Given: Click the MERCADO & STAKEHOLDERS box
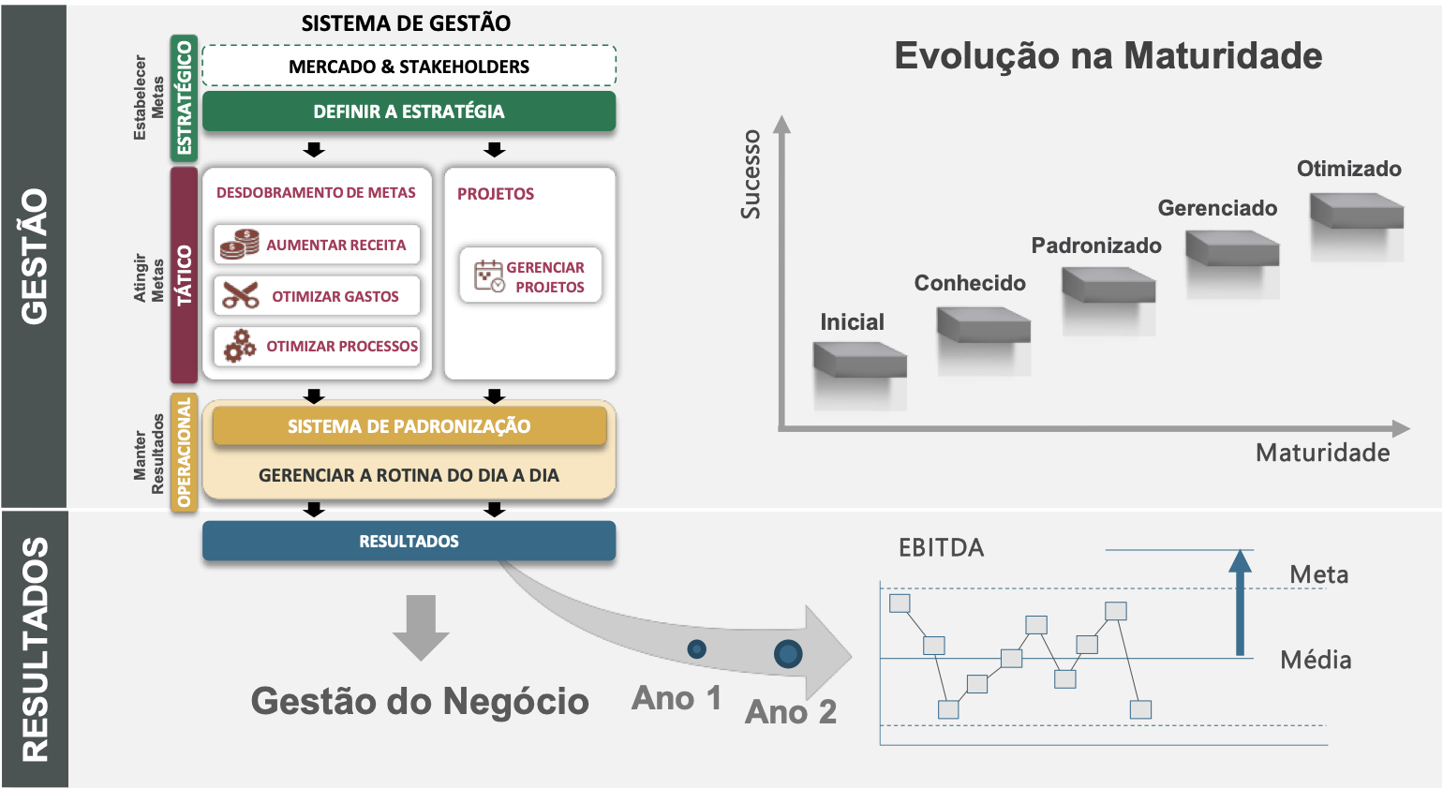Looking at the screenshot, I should [x=409, y=67].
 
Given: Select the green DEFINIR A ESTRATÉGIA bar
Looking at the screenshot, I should [x=409, y=112].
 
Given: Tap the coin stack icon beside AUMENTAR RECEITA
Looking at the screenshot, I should [x=240, y=245].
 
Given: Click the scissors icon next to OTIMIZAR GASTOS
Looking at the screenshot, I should [x=240, y=296].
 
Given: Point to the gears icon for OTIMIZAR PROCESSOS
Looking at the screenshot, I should [x=240, y=346].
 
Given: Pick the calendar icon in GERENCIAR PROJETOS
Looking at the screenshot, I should [x=489, y=276].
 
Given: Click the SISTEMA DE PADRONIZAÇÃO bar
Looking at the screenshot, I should [x=409, y=426].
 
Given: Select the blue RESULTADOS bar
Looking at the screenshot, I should [x=409, y=541].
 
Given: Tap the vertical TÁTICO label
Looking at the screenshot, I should [x=185, y=275].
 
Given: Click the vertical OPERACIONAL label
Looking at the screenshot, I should [x=185, y=453].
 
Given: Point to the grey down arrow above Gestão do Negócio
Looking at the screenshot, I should [x=421, y=626].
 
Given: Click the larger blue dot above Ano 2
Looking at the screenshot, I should [x=788, y=654].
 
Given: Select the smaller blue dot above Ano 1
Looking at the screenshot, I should [x=696, y=648].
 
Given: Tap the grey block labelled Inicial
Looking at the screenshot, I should [x=860, y=360].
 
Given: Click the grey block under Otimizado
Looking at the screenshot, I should [x=1356, y=211].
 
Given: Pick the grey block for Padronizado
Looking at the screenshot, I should [x=1108, y=285].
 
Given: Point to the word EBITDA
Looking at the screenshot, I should [x=941, y=548].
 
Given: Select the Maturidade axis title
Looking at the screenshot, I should [x=1322, y=454].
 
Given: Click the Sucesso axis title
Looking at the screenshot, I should [x=751, y=174].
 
